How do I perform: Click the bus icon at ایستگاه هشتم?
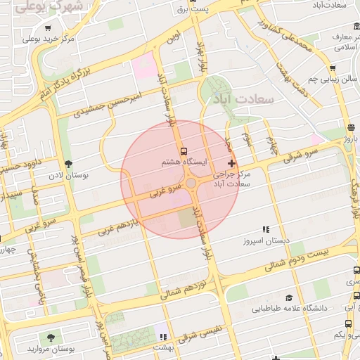point(184,151)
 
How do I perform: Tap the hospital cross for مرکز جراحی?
point(232,163)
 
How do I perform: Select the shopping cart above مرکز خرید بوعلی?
point(48,29)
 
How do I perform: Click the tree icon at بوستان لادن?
point(68,162)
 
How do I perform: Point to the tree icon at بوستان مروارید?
point(50,338)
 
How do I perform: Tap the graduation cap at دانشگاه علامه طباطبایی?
point(288,298)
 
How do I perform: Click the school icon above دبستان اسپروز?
point(266,229)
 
